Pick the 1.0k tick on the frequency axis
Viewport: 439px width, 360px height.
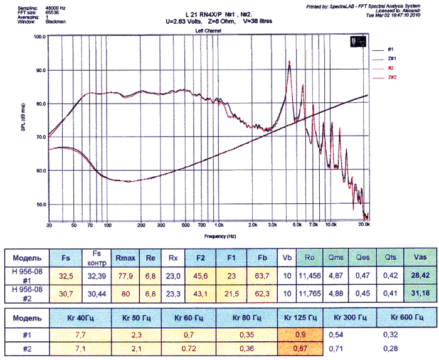pyautogui.click(x=218, y=225)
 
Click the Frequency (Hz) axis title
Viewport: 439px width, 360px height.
pyautogui.click(x=207, y=236)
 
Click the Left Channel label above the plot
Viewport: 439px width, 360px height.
pyautogui.click(x=208, y=30)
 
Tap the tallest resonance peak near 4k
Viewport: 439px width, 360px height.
pyautogui.click(x=289, y=61)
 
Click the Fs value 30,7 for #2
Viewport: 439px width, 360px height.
pyautogui.click(x=66, y=293)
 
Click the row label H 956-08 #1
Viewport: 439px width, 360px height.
pyautogui.click(x=26, y=275)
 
